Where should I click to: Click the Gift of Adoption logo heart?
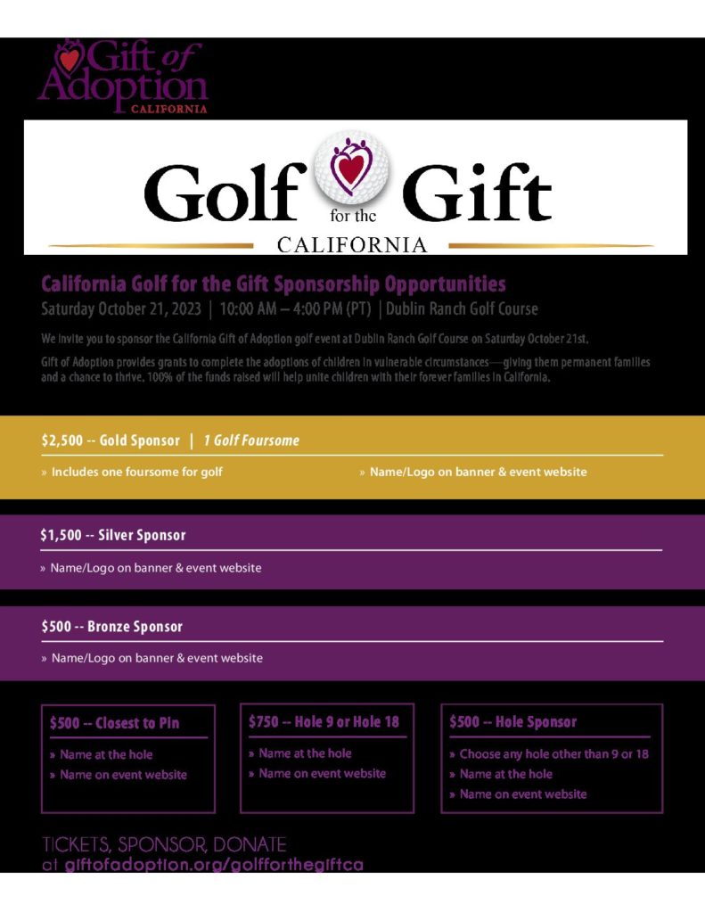pos(68,59)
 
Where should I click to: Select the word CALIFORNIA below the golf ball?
pos(352,244)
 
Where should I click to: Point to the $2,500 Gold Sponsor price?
pos(63,440)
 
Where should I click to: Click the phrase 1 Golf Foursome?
pos(251,440)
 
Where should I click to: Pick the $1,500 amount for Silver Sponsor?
pos(63,535)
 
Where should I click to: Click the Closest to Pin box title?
pos(137,723)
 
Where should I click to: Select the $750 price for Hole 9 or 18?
pos(265,721)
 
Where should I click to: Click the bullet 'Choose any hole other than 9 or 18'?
pos(553,754)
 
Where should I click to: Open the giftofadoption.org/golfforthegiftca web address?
pos(214,865)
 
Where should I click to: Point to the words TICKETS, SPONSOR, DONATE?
pos(164,844)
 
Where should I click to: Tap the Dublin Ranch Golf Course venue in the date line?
pos(462,309)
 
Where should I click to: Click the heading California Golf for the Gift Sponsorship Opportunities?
pos(273,284)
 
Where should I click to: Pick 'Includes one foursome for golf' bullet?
pos(136,472)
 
